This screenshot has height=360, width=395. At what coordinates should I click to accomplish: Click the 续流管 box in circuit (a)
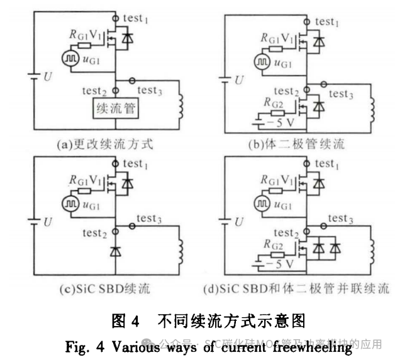click(x=116, y=108)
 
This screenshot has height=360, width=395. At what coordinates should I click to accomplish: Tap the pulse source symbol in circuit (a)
click(x=69, y=59)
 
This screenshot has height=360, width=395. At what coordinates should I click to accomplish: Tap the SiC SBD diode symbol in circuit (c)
click(x=115, y=252)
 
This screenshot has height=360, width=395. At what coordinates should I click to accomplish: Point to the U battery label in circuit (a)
click(x=48, y=76)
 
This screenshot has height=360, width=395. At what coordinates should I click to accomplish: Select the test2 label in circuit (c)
click(x=95, y=233)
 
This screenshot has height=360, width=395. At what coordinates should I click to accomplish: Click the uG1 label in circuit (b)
click(x=282, y=64)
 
